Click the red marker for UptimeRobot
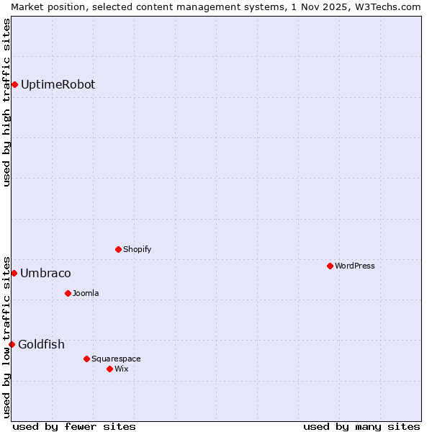click(14, 85)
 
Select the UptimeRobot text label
click(58, 85)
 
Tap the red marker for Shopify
click(118, 250)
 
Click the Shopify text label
click(137, 250)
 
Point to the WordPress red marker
click(330, 266)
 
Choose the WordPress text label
click(354, 266)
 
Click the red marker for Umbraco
click(14, 274)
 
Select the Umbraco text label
click(45, 274)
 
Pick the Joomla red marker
click(68, 294)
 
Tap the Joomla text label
click(86, 294)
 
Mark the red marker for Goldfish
click(12, 345)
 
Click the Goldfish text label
click(41, 345)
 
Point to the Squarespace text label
click(116, 359)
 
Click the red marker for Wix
click(109, 369)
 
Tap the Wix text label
click(121, 369)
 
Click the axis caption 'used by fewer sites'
click(74, 426)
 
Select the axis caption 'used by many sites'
click(361, 426)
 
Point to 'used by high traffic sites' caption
click(7, 102)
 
